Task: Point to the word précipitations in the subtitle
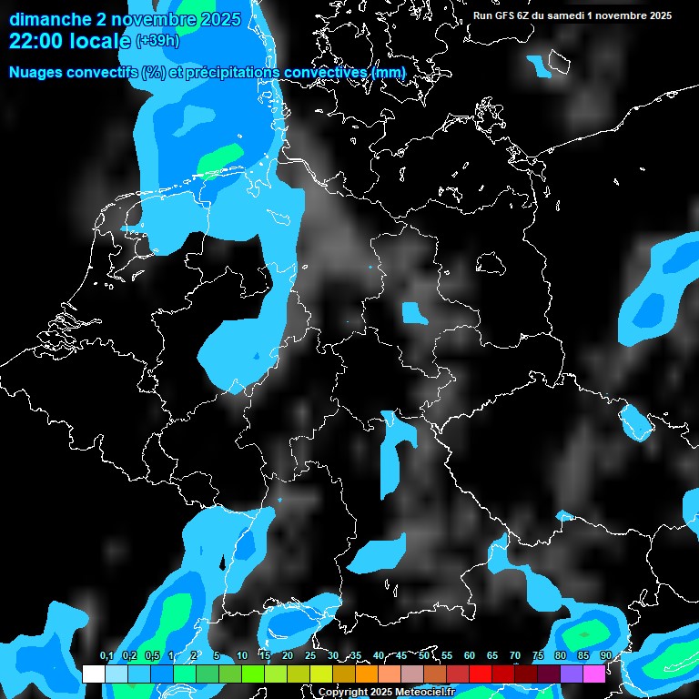click(233, 72)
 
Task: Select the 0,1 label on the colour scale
click(106, 656)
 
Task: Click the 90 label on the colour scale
click(605, 656)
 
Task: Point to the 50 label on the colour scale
click(424, 656)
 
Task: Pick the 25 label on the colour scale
click(310, 656)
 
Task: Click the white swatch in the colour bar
click(93, 674)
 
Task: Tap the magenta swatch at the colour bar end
click(593, 674)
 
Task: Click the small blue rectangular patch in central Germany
click(414, 313)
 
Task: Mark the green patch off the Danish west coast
click(221, 157)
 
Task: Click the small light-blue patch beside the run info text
click(539, 66)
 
